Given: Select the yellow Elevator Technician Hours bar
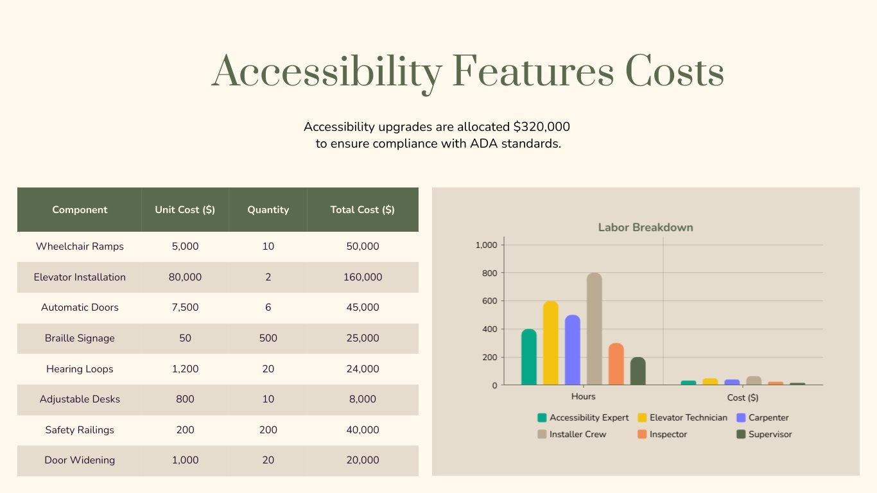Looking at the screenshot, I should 551,343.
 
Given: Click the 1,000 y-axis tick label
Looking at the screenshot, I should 486,245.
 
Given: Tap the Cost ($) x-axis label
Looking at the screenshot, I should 743,397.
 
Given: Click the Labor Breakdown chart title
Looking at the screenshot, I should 645,227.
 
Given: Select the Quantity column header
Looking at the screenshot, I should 268,210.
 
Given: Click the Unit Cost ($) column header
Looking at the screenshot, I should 185,210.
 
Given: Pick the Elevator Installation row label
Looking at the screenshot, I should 80,277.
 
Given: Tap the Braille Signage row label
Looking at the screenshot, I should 80,338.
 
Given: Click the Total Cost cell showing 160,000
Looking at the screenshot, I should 363,277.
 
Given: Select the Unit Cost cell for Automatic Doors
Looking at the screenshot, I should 185,307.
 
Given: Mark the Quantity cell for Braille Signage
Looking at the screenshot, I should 268,338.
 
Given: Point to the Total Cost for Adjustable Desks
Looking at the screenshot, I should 363,399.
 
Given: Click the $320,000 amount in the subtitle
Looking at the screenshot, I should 541,126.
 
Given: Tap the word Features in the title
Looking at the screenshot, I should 533,72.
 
